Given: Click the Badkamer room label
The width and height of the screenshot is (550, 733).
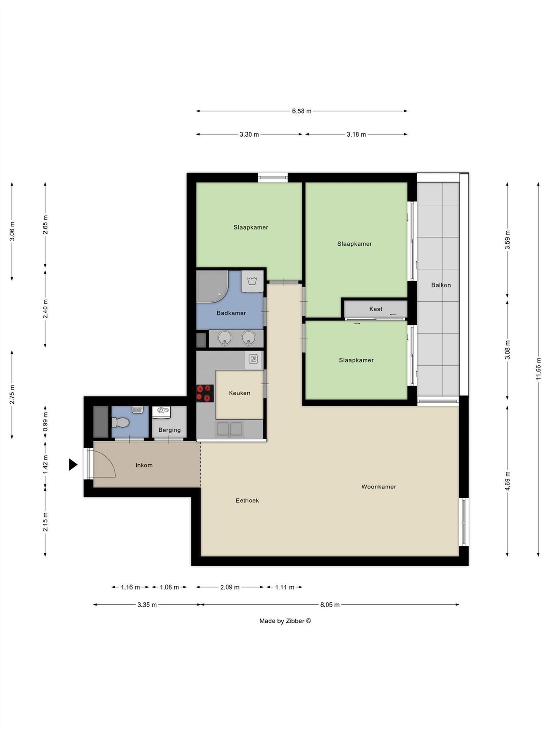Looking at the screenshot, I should pos(231,313).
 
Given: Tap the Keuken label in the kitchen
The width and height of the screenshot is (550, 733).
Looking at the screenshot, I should pos(239,393).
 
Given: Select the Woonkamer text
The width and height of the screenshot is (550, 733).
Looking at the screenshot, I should pos(378,487).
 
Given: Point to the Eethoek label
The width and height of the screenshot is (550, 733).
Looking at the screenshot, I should pos(247,500).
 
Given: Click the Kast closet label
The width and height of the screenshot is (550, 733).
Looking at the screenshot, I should pos(375,309).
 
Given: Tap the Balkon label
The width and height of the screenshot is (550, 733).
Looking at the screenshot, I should pos(441,285).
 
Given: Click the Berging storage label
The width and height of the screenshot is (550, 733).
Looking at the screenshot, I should pos(169,430).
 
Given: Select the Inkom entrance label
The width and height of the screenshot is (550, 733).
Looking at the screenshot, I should pos(144,465).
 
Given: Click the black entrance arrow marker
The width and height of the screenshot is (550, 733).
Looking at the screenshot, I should pos(73,465).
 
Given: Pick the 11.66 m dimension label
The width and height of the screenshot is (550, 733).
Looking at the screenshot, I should pos(538,369).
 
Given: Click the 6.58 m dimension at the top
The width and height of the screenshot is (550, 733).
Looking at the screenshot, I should pos(301,111).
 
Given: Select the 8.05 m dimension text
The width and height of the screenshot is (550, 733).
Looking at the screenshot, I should pos(330,605).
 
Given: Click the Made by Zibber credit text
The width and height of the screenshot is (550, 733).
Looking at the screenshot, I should pos(285,621).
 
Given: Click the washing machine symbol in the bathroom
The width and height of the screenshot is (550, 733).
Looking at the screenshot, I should pos(252,281).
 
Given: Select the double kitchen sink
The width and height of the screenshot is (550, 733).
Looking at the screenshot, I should pos(229,429).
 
